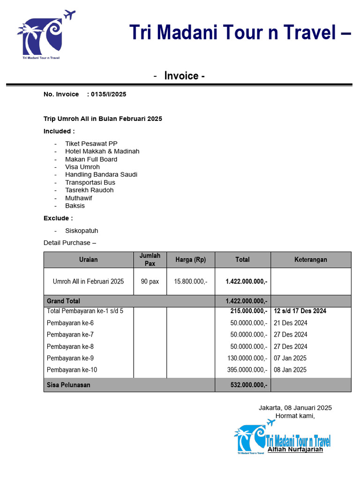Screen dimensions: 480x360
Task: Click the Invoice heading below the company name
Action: (x=184, y=76)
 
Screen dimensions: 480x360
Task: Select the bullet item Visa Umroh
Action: (x=82, y=167)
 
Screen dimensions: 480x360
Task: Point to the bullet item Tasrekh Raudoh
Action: (x=89, y=190)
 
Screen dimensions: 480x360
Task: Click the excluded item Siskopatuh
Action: (x=82, y=231)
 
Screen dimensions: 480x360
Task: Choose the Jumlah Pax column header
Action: (x=150, y=259)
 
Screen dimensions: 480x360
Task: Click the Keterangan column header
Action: (x=310, y=259)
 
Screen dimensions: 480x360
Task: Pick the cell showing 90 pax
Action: (x=150, y=282)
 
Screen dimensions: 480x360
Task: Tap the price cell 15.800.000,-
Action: (x=191, y=282)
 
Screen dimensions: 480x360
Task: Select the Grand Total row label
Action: (x=63, y=301)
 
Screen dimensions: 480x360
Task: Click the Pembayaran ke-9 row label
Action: (x=70, y=358)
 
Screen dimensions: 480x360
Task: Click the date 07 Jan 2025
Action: (x=290, y=358)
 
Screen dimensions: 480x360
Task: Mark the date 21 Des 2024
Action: (x=291, y=323)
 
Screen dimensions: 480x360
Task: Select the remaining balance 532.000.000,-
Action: (x=247, y=385)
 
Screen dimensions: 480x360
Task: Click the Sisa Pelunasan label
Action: (x=68, y=385)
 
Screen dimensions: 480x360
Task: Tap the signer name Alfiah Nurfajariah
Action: (x=295, y=450)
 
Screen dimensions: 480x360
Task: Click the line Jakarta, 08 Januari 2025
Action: (x=295, y=408)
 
